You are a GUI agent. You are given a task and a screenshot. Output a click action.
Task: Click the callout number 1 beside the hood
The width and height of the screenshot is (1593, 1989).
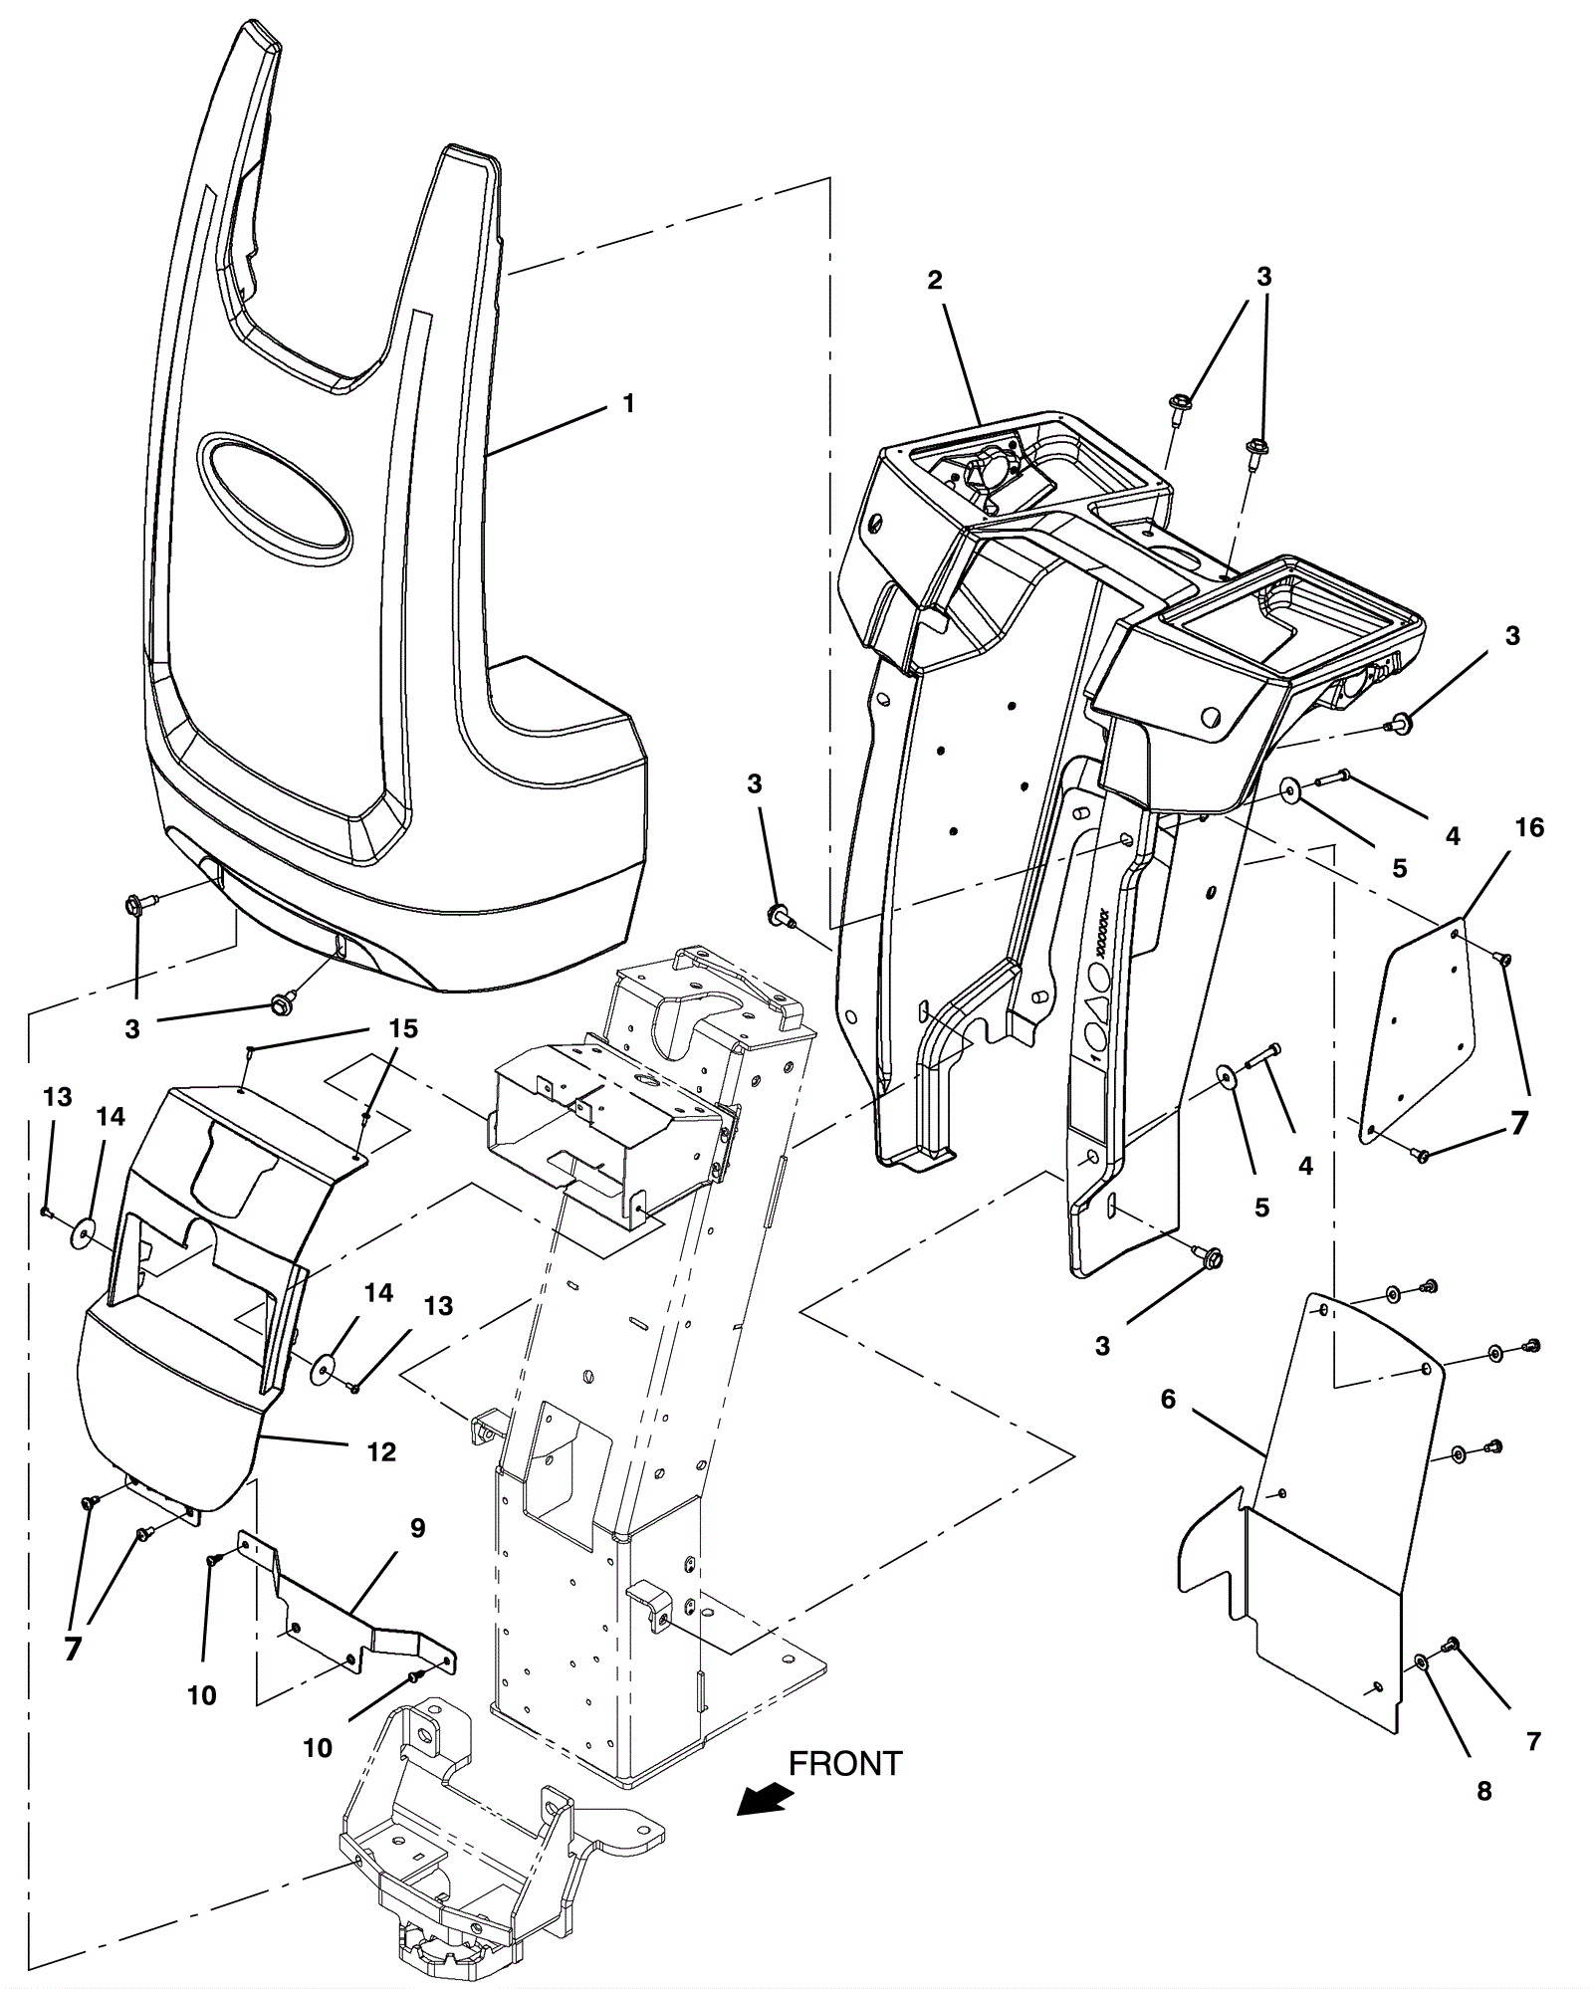[x=628, y=403]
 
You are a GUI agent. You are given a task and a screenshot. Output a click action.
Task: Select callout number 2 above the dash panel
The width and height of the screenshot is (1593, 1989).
[x=934, y=281]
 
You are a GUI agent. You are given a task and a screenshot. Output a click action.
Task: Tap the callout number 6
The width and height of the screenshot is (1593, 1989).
[x=1168, y=1399]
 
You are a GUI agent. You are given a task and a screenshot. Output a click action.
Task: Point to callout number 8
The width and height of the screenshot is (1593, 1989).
[x=1483, y=1791]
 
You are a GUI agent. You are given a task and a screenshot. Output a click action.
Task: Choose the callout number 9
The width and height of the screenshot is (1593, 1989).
[x=417, y=1528]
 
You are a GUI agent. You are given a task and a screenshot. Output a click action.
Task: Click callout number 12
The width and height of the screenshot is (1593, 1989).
[x=381, y=1451]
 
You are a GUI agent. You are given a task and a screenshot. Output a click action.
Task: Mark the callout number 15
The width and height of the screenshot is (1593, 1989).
[x=402, y=1029]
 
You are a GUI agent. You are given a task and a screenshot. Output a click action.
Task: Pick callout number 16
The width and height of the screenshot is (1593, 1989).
[x=1529, y=827]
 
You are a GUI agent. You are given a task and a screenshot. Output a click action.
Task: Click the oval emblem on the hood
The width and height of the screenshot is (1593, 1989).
[x=274, y=495]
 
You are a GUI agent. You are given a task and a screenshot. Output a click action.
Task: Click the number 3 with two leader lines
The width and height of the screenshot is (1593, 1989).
[x=1263, y=277]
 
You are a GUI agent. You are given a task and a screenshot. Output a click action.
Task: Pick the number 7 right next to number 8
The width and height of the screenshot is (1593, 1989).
[x=1532, y=1741]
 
